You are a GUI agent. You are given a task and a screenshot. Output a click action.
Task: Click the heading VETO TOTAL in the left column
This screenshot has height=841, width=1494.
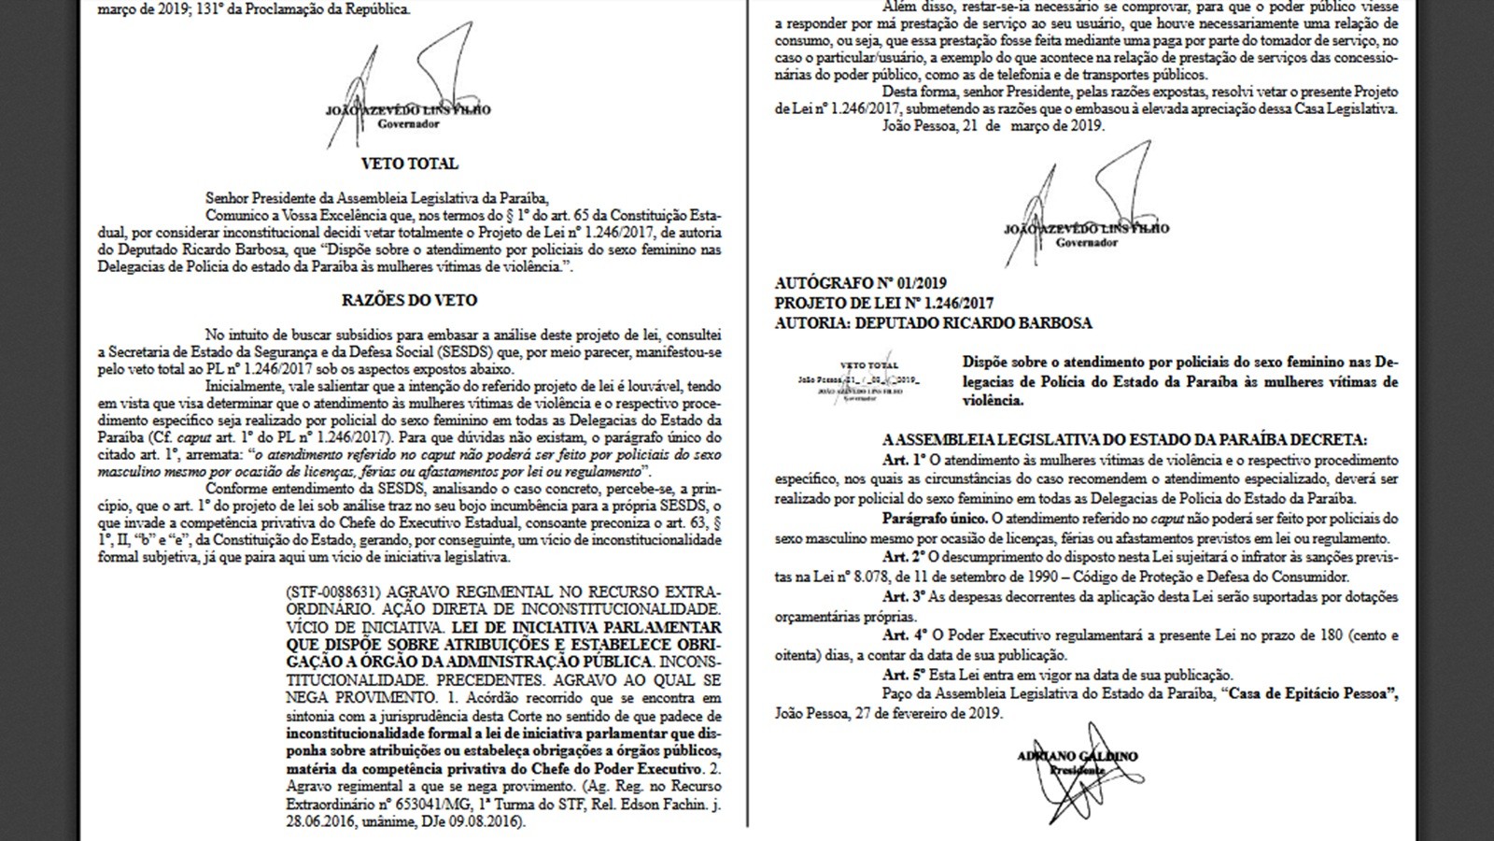[409, 164]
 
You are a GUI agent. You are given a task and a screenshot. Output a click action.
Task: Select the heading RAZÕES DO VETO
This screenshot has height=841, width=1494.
[409, 301]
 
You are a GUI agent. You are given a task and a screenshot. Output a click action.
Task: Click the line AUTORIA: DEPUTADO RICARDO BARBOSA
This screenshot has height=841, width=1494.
[933, 323]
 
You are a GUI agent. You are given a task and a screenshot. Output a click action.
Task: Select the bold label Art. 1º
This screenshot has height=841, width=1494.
[903, 461]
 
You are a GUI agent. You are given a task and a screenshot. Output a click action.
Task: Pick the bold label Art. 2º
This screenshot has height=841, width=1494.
[903, 558]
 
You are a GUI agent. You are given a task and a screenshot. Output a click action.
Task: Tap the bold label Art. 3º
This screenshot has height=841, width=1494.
[903, 597]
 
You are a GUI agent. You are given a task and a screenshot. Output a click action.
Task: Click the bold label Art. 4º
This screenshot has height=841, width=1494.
[903, 636]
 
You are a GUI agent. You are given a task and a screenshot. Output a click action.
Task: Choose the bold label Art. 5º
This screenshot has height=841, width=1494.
[903, 676]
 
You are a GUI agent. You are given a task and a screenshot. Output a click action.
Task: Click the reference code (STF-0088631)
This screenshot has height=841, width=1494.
[333, 593]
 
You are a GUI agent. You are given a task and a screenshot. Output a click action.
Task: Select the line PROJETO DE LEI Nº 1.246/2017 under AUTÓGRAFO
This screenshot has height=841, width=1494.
[884, 304]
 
